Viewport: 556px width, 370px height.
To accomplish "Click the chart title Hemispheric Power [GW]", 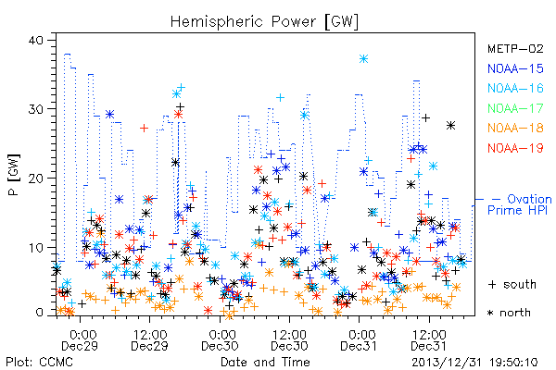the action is click(x=264, y=21).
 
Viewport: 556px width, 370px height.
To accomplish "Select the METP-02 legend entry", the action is click(x=515, y=48).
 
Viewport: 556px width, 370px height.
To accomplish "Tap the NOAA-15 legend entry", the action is click(x=515, y=68).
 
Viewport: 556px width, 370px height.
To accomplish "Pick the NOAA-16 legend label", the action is click(x=515, y=88).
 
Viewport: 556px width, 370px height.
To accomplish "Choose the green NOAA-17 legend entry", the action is click(x=515, y=108).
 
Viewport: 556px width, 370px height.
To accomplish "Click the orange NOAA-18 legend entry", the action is click(x=515, y=128).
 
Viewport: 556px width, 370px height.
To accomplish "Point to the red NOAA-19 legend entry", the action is click(x=515, y=148).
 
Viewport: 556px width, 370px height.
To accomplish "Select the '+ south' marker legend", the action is click(x=512, y=284).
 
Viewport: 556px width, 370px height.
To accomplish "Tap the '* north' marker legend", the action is click(x=509, y=313).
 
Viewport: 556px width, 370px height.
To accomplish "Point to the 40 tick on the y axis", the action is click(x=36, y=40).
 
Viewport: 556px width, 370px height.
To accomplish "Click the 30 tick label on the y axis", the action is click(x=36, y=109).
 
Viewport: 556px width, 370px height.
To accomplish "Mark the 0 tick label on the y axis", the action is click(x=39, y=313).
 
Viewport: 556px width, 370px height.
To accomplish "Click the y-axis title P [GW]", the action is click(x=15, y=175).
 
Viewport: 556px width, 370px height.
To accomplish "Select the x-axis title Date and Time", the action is click(x=265, y=363).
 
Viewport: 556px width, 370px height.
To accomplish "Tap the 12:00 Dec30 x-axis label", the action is click(x=289, y=339).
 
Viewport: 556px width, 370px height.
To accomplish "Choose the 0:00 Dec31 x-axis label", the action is click(x=359, y=339).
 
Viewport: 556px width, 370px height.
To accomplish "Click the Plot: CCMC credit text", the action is click(x=39, y=363).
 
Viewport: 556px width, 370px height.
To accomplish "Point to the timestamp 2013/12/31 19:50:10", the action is click(x=474, y=363).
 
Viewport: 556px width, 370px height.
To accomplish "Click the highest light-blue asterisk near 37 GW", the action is click(x=363, y=59).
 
